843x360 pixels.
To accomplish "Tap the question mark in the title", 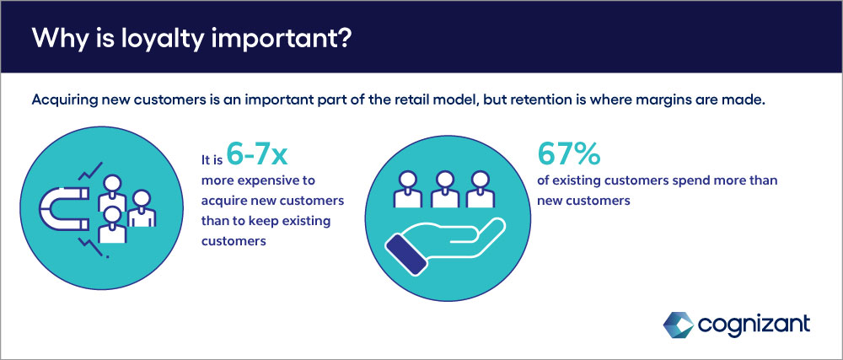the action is (343, 38).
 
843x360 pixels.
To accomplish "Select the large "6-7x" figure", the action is (257, 155).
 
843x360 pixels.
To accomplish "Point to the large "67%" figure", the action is (569, 155).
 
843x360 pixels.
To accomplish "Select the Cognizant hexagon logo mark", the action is (678, 325).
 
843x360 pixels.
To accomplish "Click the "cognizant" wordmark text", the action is (754, 325).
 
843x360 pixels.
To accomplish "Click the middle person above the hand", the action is (445, 189).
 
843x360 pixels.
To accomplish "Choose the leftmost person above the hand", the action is (409, 189).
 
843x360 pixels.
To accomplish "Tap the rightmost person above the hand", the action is (481, 189).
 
